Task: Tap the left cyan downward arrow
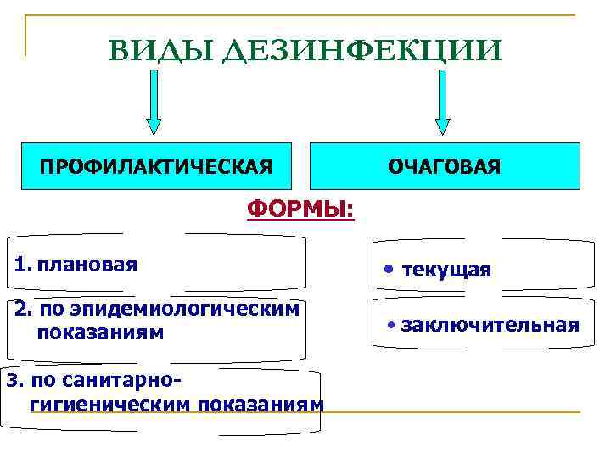pyautogui.click(x=154, y=101)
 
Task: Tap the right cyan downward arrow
pyautogui.click(x=442, y=101)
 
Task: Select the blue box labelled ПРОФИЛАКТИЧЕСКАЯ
pyautogui.click(x=157, y=165)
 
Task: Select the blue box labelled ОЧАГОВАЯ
pyautogui.click(x=445, y=165)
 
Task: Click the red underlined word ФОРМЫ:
pyautogui.click(x=301, y=208)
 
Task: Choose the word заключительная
pyautogui.click(x=490, y=325)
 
